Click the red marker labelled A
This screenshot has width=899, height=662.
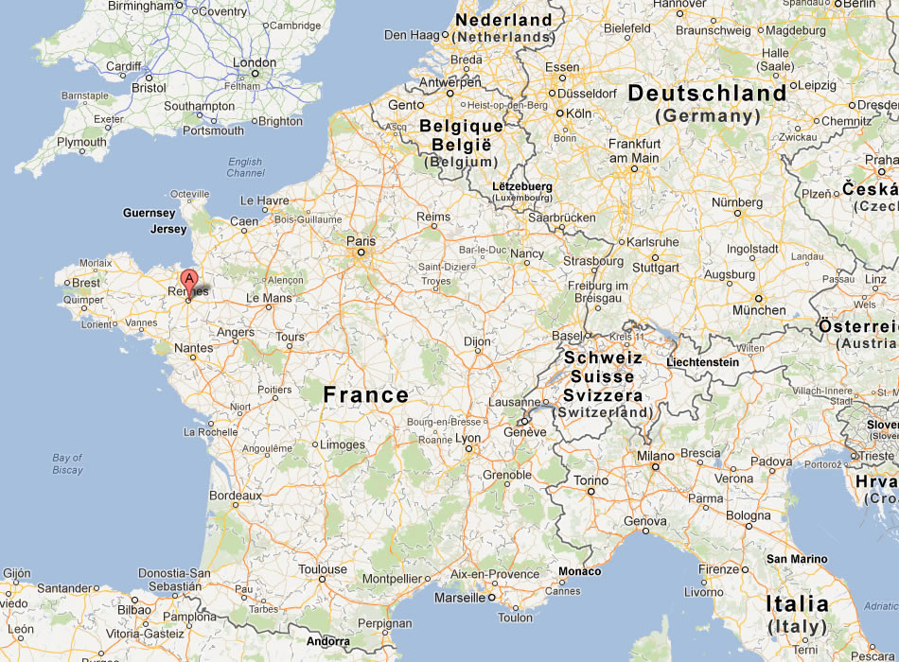pyautogui.click(x=189, y=280)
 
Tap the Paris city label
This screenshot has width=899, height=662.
pyautogui.click(x=361, y=242)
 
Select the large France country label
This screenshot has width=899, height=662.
pyautogui.click(x=366, y=395)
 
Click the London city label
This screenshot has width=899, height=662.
pyautogui.click(x=254, y=63)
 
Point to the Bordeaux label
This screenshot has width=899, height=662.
pyautogui.click(x=235, y=496)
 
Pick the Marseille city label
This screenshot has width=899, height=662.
pyautogui.click(x=459, y=598)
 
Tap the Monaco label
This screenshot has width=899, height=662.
pyautogui.click(x=579, y=571)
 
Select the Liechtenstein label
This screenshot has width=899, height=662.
pyautogui.click(x=702, y=362)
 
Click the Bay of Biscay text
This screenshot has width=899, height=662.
pyautogui.click(x=67, y=463)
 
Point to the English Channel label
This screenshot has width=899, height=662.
pyautogui.click(x=246, y=167)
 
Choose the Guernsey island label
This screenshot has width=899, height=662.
pyautogui.click(x=150, y=214)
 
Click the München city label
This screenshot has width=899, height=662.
pyautogui.click(x=759, y=310)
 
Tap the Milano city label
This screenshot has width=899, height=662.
pyautogui.click(x=655, y=456)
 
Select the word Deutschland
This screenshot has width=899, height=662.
pyautogui.click(x=707, y=94)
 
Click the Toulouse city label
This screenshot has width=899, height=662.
pyautogui.click(x=323, y=569)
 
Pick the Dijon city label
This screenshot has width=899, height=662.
pyautogui.click(x=478, y=341)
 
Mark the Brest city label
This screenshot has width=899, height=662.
pyautogui.click(x=86, y=283)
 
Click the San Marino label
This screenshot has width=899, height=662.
pyautogui.click(x=797, y=559)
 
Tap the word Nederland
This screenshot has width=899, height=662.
pyautogui.click(x=503, y=20)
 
